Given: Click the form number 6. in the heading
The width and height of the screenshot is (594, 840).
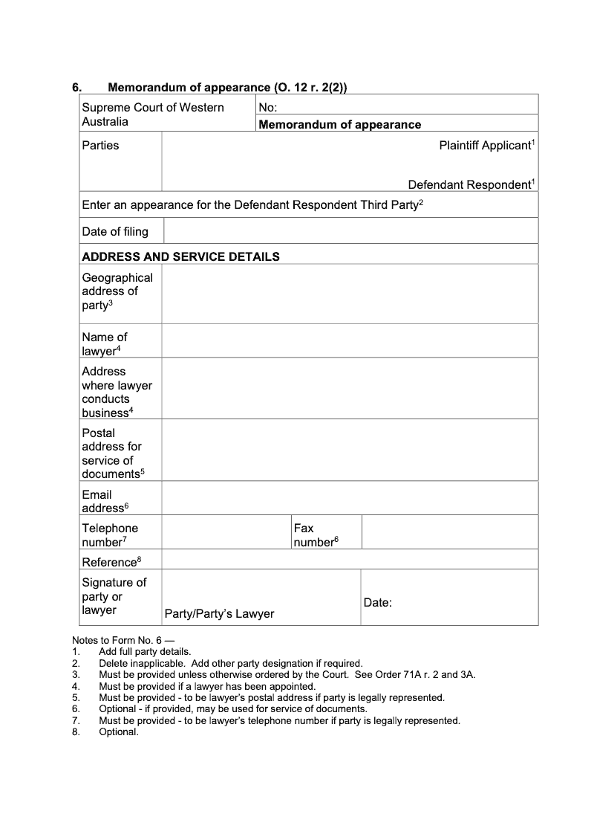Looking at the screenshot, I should [x=76, y=88].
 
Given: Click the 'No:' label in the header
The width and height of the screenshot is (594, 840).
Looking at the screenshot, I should [x=267, y=108].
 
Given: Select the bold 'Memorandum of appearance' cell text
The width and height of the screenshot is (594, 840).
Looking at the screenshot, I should [x=339, y=125].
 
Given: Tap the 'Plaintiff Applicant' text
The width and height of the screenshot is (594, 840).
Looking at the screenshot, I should [x=486, y=146].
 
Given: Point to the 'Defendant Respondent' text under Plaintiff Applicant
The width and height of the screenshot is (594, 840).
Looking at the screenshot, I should [x=470, y=184].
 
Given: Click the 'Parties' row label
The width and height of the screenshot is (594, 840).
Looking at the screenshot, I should [x=100, y=146].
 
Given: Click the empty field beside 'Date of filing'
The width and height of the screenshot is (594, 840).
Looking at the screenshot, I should [x=350, y=231].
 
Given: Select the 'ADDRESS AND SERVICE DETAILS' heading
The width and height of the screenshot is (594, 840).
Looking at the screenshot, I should [x=180, y=256].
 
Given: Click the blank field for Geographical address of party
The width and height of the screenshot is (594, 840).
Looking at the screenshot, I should [x=350, y=294].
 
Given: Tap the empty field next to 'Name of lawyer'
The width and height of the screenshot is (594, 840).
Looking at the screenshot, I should [x=350, y=341].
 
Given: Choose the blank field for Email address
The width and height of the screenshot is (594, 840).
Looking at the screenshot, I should [x=350, y=498].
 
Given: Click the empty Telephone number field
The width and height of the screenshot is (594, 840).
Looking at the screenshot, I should [x=226, y=532].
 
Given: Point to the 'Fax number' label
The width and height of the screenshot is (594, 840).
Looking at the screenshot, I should [x=314, y=535].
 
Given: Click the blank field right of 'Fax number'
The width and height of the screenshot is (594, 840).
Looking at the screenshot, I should [x=449, y=532].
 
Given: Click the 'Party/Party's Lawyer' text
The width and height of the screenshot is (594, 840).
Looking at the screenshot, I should [x=219, y=614].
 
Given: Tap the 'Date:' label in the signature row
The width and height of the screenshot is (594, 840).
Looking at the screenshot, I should [x=377, y=603].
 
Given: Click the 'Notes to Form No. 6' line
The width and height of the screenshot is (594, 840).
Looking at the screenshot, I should [x=123, y=640].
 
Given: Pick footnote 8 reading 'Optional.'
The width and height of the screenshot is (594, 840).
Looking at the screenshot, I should [x=119, y=732].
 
